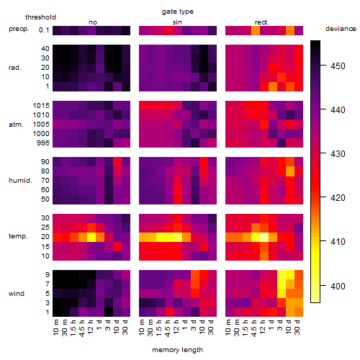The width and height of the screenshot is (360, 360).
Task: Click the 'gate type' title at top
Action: coord(178,12)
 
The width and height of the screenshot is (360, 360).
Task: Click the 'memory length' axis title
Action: coord(177,350)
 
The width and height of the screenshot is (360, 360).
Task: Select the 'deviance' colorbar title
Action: coord(341,29)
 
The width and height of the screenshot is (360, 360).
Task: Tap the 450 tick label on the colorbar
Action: coord(338,66)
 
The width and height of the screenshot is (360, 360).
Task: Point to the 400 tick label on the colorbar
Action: coord(338,286)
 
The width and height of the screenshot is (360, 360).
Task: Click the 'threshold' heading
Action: coord(40,17)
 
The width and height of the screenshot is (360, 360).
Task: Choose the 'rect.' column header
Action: coord(262,22)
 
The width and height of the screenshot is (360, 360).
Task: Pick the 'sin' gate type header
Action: coord(177,22)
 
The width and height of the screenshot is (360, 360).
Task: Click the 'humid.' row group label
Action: coord(20,181)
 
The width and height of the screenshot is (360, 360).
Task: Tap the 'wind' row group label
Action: coord(17,294)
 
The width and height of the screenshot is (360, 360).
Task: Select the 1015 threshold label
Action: coord(41,106)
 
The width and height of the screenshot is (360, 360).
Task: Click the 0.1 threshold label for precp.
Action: coord(44,30)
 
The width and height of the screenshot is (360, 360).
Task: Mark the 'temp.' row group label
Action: coord(18,236)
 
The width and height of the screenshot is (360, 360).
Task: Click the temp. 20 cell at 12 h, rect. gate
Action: coord(264,237)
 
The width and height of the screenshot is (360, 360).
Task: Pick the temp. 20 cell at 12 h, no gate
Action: coord(91,237)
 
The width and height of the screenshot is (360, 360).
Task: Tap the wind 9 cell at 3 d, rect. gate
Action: coord(282,275)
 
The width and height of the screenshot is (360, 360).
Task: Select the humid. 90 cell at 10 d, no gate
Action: coord(117,162)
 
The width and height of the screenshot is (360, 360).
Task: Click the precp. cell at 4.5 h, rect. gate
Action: coord(256,30)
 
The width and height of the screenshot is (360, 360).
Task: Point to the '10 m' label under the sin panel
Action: coord(143,327)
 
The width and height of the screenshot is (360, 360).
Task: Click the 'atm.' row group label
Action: coord(16,125)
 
